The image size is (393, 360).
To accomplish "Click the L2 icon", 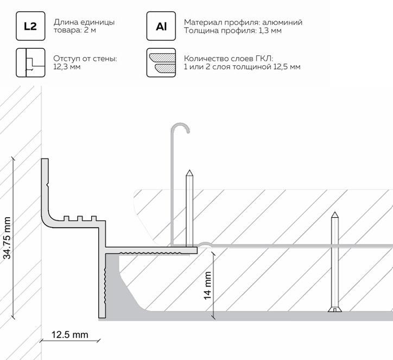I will pyautogui.click(x=30, y=26).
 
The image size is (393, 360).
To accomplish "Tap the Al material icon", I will pyautogui.click(x=161, y=26).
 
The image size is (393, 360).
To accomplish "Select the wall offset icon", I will pyautogui.click(x=30, y=62).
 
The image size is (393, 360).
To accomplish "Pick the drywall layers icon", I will pyautogui.click(x=161, y=62).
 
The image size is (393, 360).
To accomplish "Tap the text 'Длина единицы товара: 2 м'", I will pyautogui.click(x=84, y=26).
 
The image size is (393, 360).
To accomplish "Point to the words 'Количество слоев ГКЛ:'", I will pyautogui.click(x=228, y=58).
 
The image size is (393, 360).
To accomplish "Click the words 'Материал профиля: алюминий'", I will pyautogui.click(x=243, y=22).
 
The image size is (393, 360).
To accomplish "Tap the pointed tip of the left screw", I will pyautogui.click(x=189, y=172).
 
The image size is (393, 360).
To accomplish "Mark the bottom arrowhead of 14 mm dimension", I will pyautogui.click(x=215, y=317).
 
